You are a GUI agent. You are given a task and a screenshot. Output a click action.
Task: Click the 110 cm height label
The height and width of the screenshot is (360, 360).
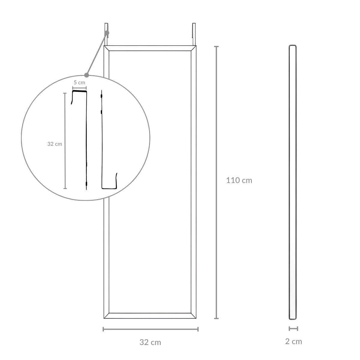click(239, 180)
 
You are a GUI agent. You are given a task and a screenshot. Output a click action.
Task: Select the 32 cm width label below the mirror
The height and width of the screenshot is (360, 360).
click(150, 342)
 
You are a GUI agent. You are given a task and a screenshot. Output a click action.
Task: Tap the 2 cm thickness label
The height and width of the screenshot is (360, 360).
click(293, 341)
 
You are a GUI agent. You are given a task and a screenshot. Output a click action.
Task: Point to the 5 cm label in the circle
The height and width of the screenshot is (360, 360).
click(79, 82)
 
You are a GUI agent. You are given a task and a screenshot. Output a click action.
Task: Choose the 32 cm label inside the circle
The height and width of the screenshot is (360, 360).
click(55, 144)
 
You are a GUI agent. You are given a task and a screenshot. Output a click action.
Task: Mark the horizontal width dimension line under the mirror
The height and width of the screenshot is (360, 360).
click(150, 329)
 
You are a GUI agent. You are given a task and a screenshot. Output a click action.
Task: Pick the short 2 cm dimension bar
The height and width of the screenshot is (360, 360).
click(293, 329)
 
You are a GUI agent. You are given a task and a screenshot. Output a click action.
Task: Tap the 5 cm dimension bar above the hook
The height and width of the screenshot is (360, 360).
click(79, 88)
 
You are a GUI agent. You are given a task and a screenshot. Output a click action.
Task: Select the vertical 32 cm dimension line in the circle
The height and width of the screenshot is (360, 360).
click(65, 141)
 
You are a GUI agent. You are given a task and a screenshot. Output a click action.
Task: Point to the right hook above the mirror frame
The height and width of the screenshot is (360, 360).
click(194, 33)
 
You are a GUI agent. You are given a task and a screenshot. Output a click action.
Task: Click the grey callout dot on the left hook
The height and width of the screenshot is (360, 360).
click(107, 33)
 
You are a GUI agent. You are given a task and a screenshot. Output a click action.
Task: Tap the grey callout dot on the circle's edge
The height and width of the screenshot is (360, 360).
click(87, 75)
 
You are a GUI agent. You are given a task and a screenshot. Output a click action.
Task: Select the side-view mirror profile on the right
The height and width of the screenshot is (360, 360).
click(293, 182)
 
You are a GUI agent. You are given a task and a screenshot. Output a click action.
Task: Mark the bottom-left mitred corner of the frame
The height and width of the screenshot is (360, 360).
click(106, 316)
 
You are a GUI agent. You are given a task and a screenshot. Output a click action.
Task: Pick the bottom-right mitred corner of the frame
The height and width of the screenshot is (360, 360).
click(194, 316)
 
